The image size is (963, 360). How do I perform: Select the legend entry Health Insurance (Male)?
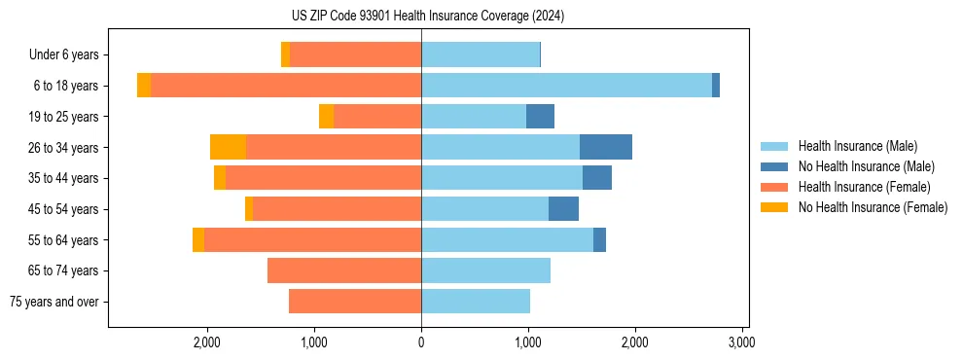[857, 146]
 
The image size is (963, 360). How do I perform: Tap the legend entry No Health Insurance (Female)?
[873, 207]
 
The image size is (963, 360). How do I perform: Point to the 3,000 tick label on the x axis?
[742, 342]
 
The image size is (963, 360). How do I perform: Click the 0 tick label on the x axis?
[421, 342]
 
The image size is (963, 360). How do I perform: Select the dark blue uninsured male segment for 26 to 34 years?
[606, 147]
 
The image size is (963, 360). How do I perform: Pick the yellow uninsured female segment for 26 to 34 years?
[228, 147]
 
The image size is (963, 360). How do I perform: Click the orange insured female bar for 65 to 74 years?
[344, 270]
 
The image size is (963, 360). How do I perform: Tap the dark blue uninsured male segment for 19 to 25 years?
[540, 117]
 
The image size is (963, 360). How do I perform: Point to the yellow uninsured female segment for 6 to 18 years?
[144, 86]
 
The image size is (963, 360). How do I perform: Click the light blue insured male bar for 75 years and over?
[476, 302]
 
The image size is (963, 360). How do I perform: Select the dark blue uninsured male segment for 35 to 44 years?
[597, 178]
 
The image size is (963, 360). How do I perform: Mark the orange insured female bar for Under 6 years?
[355, 54]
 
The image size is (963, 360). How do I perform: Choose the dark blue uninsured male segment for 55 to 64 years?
[599, 239]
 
